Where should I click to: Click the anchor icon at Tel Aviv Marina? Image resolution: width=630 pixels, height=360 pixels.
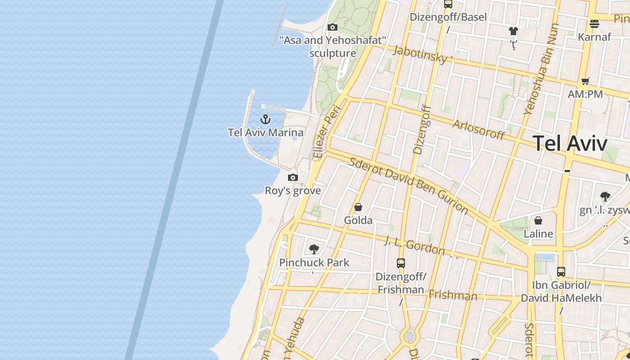point(265,119)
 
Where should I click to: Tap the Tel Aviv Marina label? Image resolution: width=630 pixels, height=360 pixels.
point(265,133)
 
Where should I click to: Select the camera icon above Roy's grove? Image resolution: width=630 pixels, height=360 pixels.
point(293,177)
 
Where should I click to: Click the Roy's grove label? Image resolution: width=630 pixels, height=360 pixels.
point(293,190)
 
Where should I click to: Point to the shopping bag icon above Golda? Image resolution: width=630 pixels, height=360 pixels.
point(358,207)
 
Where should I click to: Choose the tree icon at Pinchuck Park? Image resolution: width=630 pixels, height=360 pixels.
point(314,249)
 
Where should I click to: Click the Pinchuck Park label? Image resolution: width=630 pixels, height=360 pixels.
point(314,262)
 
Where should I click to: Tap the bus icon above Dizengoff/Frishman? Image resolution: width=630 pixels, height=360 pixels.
point(401,263)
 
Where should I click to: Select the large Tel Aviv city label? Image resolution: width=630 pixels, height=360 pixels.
point(570,144)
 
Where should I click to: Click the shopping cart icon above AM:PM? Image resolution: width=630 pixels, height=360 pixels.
point(585,81)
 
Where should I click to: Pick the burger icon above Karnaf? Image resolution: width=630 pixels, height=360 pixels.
point(594,23)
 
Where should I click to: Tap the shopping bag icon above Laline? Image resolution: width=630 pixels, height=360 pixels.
point(538,220)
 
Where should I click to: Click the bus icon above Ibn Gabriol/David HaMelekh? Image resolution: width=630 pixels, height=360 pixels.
point(561,271)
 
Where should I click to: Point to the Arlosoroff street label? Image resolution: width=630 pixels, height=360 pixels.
point(479,130)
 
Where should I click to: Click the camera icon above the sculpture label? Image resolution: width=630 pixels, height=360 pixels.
point(333,27)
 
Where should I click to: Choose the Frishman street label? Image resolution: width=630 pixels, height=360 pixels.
point(453,295)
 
